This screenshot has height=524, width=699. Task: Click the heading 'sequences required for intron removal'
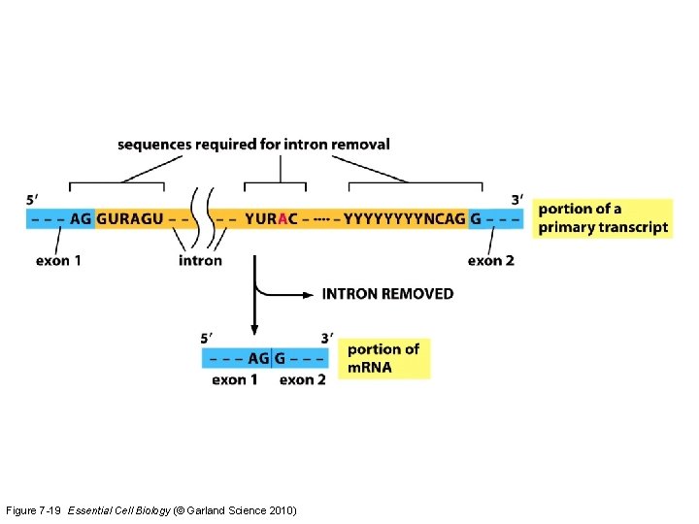pyautogui.click(x=253, y=145)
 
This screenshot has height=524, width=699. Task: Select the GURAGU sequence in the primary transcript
pyautogui.click(x=130, y=218)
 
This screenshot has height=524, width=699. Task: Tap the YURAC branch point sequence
pyautogui.click(x=271, y=218)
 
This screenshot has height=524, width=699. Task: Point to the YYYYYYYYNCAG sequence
pyautogui.click(x=405, y=218)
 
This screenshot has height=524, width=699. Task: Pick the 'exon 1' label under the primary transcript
pyautogui.click(x=59, y=260)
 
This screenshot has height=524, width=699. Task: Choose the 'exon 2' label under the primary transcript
pyautogui.click(x=490, y=260)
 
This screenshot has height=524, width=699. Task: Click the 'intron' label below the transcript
pyautogui.click(x=200, y=260)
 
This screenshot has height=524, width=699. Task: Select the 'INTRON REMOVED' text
pyautogui.click(x=387, y=293)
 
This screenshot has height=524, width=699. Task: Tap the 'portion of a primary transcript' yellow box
pyautogui.click(x=602, y=218)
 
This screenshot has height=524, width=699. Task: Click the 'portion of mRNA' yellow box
pyautogui.click(x=383, y=358)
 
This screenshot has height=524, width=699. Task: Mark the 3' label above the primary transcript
pyautogui.click(x=517, y=200)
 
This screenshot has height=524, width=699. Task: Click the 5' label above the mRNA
pyautogui.click(x=208, y=339)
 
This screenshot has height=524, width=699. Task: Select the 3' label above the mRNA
pyautogui.click(x=326, y=339)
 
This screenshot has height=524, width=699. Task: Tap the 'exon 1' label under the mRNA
pyautogui.click(x=235, y=379)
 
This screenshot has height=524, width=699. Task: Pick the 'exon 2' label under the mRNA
pyautogui.click(x=303, y=379)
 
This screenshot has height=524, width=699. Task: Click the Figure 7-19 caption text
pyautogui.click(x=150, y=510)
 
